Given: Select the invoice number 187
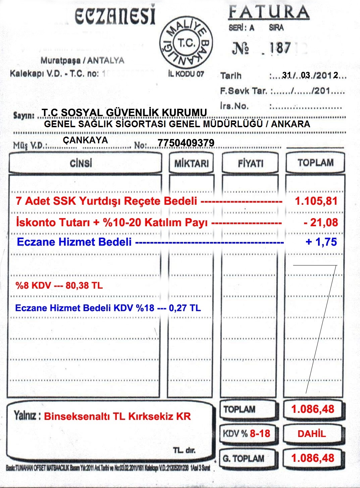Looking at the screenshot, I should (279, 48).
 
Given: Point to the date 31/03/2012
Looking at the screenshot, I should (310, 75).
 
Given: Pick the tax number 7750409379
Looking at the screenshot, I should (186, 143).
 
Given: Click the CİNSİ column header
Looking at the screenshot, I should (81, 163).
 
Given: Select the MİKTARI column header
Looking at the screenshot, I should (191, 163).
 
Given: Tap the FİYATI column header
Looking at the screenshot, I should (250, 163).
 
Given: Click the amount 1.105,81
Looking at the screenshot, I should (316, 201).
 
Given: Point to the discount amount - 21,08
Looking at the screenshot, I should (320, 222).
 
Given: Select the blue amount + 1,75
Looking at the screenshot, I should (321, 242).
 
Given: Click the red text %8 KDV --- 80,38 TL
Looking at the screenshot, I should (59, 286).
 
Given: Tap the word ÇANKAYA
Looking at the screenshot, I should (85, 140).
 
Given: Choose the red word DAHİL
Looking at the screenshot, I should (312, 434).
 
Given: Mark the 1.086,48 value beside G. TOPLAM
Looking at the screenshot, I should (313, 458).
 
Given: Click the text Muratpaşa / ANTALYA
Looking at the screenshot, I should (82, 61).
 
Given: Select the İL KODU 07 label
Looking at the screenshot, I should (186, 74).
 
